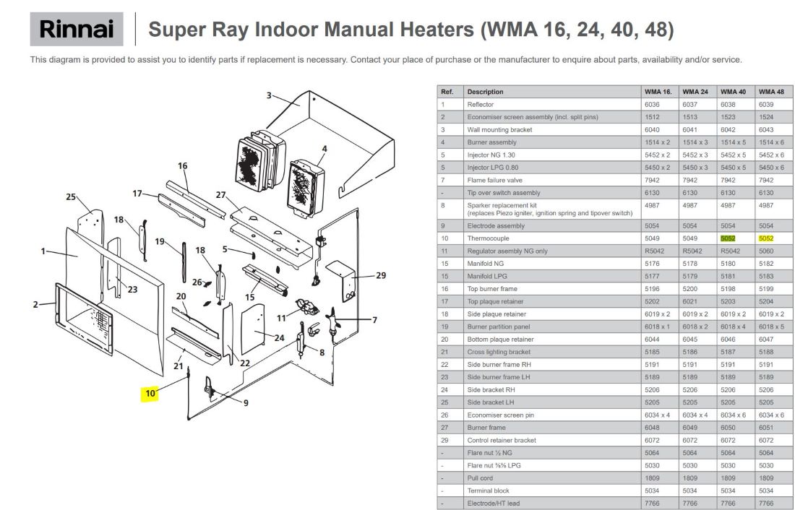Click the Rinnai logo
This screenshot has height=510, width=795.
[77, 29]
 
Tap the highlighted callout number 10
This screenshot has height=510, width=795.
[150, 394]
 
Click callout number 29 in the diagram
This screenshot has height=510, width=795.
[381, 275]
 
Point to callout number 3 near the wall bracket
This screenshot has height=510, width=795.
[269, 95]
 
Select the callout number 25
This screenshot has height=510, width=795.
[71, 196]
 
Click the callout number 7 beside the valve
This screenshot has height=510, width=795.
[374, 320]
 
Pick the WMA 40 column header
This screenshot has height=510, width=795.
[733, 92]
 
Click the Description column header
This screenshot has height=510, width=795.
[485, 92]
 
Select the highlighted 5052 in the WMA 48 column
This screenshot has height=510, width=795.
[766, 238]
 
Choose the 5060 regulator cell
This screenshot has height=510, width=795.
[766, 251]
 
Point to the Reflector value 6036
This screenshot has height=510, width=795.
[652, 105]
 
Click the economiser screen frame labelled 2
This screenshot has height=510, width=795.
[84, 319]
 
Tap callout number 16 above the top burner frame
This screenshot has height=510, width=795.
[183, 165]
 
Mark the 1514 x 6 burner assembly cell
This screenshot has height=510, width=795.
[771, 142]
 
